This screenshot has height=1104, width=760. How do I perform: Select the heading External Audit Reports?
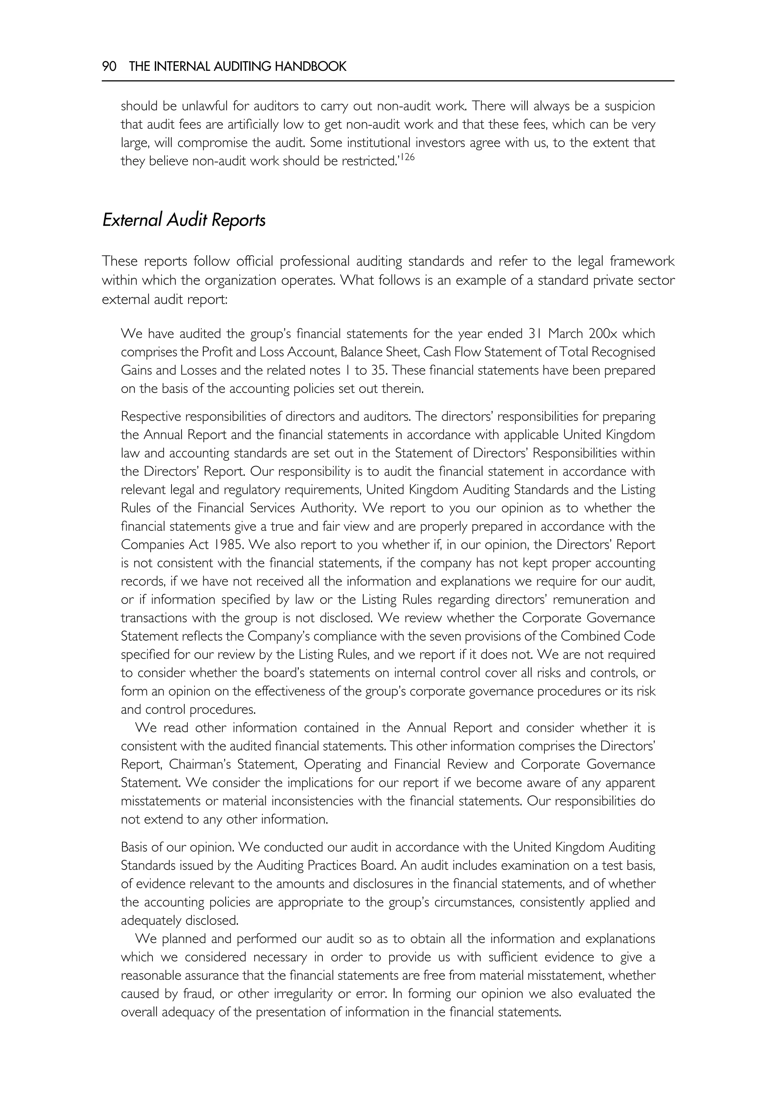point(184,220)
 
